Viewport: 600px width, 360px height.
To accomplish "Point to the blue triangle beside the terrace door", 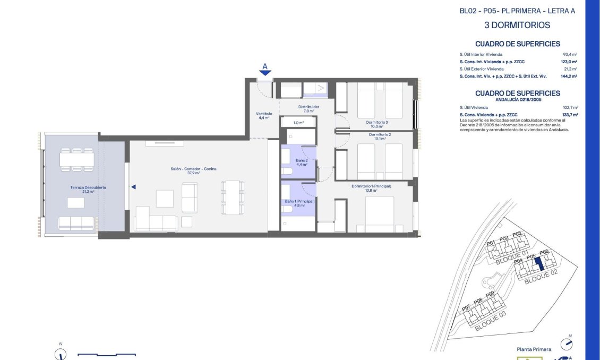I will coord(133,186).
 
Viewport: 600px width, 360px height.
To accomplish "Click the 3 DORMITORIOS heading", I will coord(517,25).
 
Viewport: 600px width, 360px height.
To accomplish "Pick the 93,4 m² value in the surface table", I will coord(570,54).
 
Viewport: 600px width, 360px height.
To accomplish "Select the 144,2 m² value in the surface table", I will coord(569,76).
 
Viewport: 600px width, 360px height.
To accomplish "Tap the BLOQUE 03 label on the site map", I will coord(490,321).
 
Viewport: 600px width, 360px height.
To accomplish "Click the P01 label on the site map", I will coord(491,243).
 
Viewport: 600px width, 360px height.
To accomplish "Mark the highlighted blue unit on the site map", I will coord(538,263).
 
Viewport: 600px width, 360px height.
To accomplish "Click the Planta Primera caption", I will coord(534,349).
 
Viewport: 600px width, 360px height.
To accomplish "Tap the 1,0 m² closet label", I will coord(298,123).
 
